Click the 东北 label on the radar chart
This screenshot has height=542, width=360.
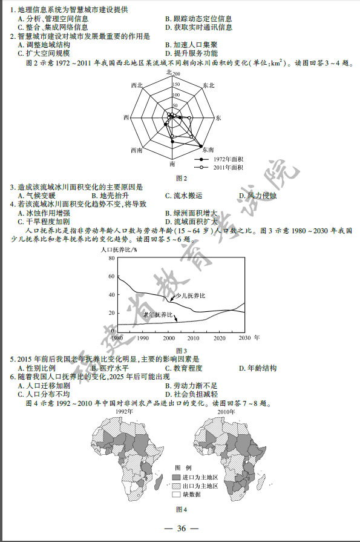coord(209,85)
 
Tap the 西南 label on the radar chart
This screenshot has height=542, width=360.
coord(136,150)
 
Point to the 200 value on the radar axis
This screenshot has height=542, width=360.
coord(177,75)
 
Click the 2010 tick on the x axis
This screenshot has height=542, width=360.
coord(194,337)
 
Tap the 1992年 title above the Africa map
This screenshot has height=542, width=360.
coord(124,411)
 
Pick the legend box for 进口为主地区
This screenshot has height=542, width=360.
coord(180,477)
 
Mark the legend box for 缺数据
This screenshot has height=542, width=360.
coord(180,494)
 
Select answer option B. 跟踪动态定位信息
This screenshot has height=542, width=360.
coord(198,19)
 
